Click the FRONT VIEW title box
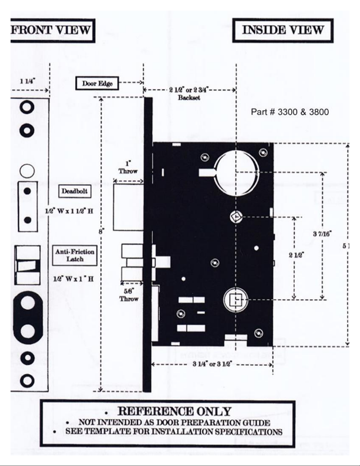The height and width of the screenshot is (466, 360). [x=51, y=30]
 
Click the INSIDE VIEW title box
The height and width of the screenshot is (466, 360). [x=282, y=30]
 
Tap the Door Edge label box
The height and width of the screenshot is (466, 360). [x=97, y=83]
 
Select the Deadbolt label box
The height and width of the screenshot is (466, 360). [x=74, y=191]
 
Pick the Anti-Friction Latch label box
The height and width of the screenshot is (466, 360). [x=75, y=255]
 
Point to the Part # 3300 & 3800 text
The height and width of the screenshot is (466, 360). [x=290, y=112]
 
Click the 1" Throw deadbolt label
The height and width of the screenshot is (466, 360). [x=128, y=168]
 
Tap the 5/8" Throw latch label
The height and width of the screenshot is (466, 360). [x=129, y=295]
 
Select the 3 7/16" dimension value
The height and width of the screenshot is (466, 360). [x=322, y=234]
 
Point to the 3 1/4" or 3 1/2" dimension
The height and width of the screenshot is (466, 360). [x=212, y=364]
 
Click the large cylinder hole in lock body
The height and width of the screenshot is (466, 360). [x=236, y=173]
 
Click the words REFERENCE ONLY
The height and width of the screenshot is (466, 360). [x=174, y=412]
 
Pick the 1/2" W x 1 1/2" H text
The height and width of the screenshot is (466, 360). [x=69, y=211]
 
